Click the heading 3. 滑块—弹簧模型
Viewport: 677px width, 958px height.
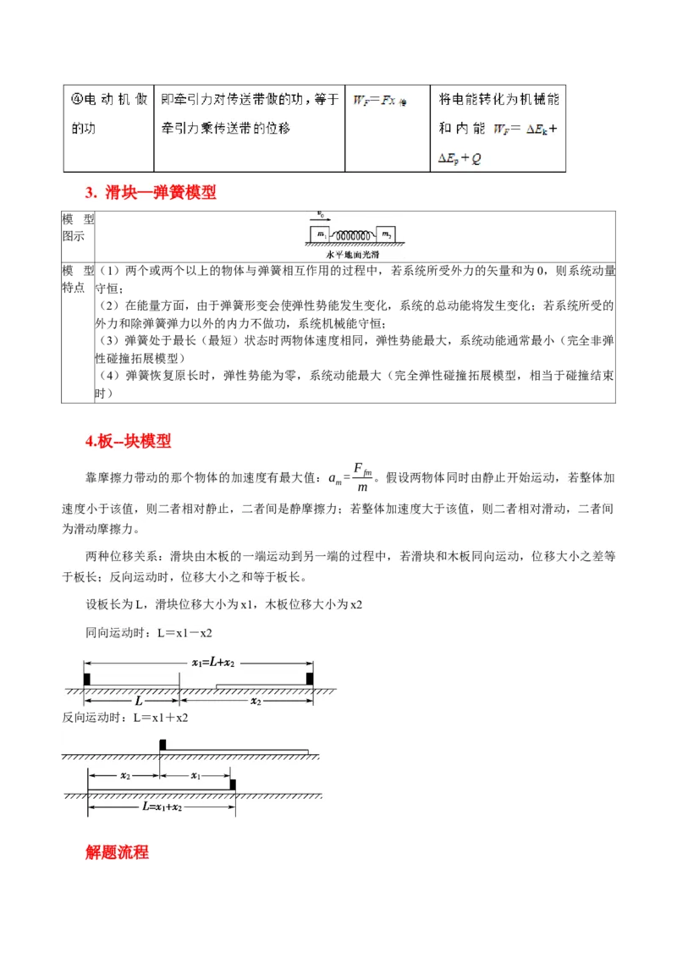pyautogui.click(x=151, y=193)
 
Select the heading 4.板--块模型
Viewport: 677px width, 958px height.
pyautogui.click(x=128, y=441)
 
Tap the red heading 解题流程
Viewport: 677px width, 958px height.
pyautogui.click(x=117, y=851)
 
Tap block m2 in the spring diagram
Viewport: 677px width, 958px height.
pyautogui.click(x=385, y=234)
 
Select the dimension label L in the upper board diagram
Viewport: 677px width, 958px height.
pyautogui.click(x=139, y=702)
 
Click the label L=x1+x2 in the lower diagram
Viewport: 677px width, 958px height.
pyautogui.click(x=162, y=807)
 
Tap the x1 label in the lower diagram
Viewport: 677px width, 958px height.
pyautogui.click(x=195, y=775)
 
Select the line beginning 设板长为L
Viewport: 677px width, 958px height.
pyautogui.click(x=224, y=604)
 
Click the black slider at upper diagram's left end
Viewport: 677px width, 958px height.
pyautogui.click(x=86, y=679)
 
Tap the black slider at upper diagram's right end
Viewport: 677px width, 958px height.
pyautogui.click(x=310, y=679)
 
